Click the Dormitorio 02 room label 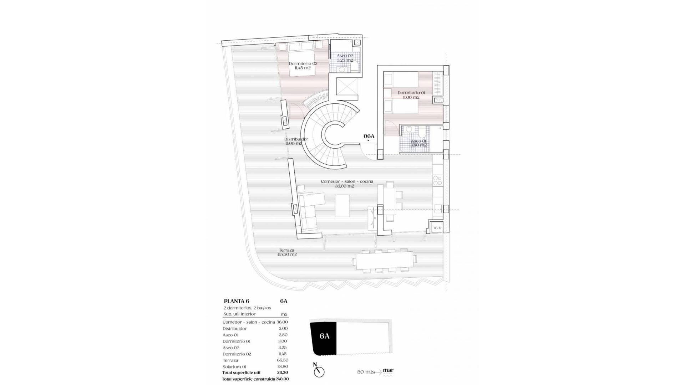tap(303, 66)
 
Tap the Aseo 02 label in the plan tap(345, 58)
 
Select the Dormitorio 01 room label tap(411, 95)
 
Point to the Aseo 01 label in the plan tap(418, 143)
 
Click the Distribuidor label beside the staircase tap(296, 141)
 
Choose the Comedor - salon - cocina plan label tap(347, 184)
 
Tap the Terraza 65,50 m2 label tap(287, 252)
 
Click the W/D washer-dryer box tap(437, 227)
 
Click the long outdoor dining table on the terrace tap(385, 261)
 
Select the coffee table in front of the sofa tap(342, 205)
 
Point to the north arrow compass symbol tap(319, 371)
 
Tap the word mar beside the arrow tap(388, 370)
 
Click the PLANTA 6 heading tap(236, 301)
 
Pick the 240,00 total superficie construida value tap(282, 379)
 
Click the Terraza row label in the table tap(230, 360)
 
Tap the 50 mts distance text tap(366, 372)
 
